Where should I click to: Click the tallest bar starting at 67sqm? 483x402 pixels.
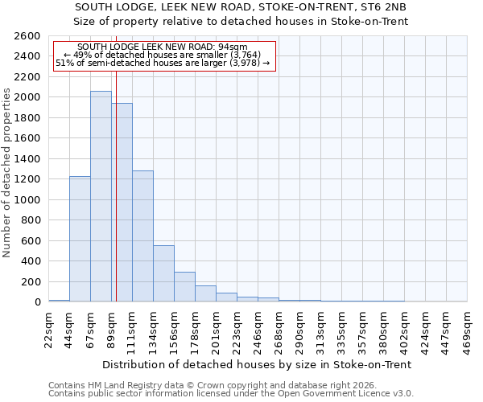101,196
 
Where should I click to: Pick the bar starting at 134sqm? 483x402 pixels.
163,273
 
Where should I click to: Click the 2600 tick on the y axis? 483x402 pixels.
29,36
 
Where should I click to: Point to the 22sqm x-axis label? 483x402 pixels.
49,328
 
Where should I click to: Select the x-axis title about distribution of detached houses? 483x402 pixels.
258,364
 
